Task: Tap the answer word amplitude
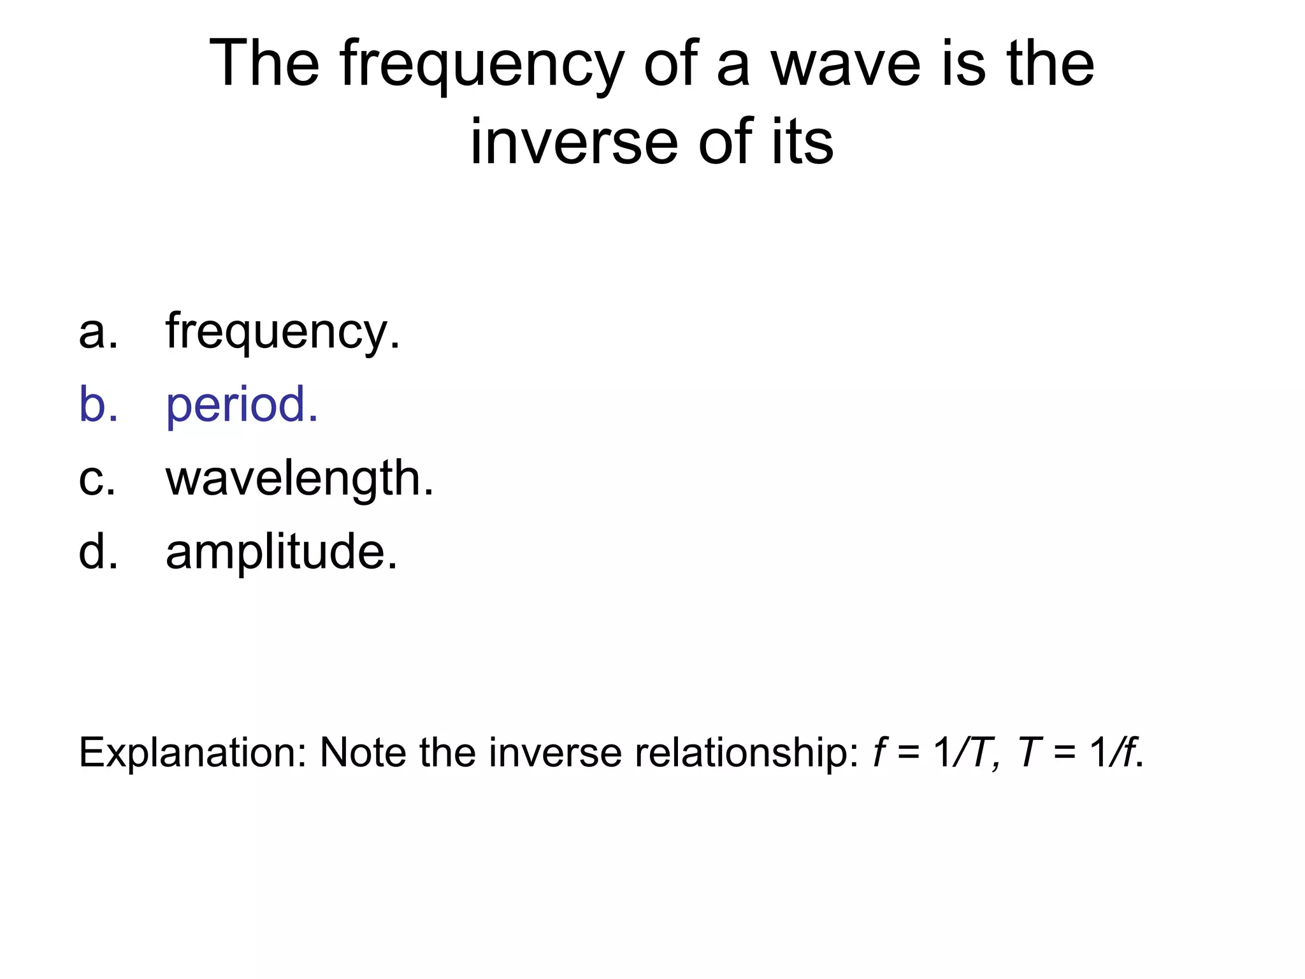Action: tap(282, 552)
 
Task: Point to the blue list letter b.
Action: tap(97, 405)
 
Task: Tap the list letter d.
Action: tap(97, 552)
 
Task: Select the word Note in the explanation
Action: tap(363, 752)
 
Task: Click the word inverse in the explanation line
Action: tap(554, 752)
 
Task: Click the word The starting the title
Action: tap(264, 64)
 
